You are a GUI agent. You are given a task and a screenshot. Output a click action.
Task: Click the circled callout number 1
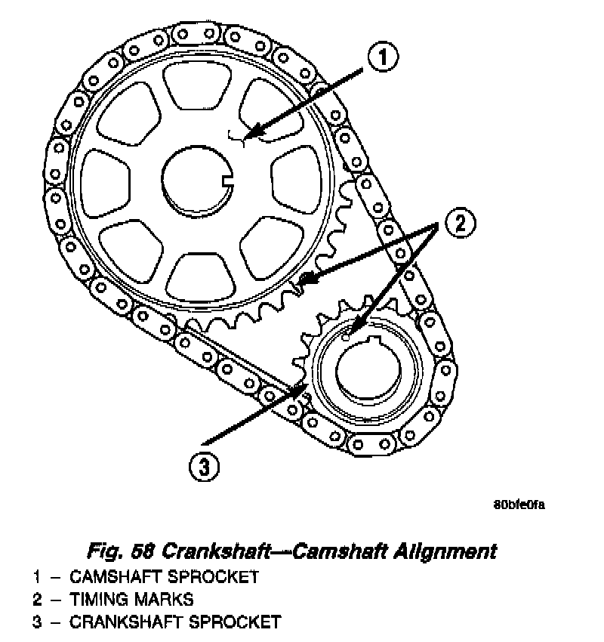coord(383,57)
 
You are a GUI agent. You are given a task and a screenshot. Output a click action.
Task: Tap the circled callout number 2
coord(460,222)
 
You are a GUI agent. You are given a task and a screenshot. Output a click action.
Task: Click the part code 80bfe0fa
coord(518,505)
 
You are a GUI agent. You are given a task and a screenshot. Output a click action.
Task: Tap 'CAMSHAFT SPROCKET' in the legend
coord(164,577)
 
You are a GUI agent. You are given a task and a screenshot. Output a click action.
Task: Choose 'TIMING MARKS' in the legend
coord(131,600)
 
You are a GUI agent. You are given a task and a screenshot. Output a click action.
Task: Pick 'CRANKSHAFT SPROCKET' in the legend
coord(175,622)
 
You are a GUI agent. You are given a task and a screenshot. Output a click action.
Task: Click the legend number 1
coord(36,577)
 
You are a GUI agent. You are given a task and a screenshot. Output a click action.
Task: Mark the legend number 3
coord(36,622)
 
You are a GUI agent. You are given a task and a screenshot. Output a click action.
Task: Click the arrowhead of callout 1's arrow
coord(251,137)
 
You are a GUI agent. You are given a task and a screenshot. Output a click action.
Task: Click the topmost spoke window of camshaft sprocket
coord(194,84)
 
